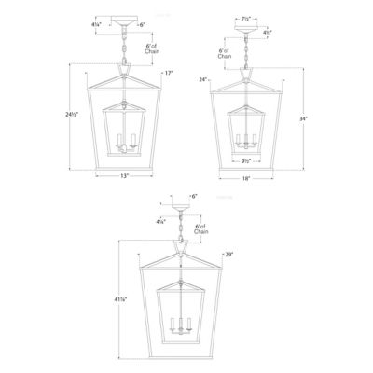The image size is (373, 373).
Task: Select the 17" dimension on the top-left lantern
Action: (170, 74)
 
